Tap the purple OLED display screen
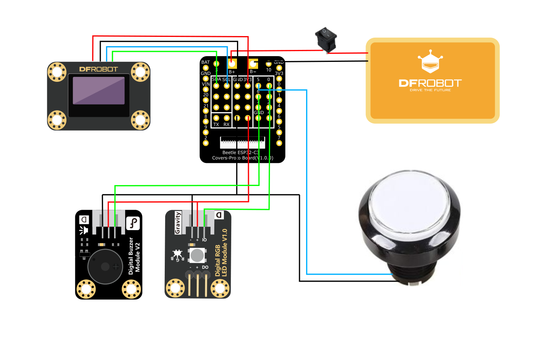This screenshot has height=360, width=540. pos(99,91)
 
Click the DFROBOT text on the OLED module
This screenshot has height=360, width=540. pos(98,70)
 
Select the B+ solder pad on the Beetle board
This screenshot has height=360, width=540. pos(232,63)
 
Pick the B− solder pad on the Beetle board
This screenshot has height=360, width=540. pos(253,63)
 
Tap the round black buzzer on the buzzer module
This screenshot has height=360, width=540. pos(105,267)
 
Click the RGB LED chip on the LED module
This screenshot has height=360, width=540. pos(197,255)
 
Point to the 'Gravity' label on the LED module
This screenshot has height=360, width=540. pos(178,222)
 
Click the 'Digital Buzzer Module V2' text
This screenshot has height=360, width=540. pos(134,256)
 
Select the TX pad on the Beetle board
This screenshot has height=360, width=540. pos(216,118)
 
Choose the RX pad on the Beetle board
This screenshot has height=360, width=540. pos(227,118)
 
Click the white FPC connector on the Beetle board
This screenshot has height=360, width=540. pos(242,143)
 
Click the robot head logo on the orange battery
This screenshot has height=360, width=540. pos(430,62)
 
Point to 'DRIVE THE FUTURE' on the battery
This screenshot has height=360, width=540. pos(430,90)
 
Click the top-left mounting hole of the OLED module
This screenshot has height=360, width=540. pos(57,72)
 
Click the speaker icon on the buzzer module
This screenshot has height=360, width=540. pos(84,230)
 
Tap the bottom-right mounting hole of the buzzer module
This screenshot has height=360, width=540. pos(131,289)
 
